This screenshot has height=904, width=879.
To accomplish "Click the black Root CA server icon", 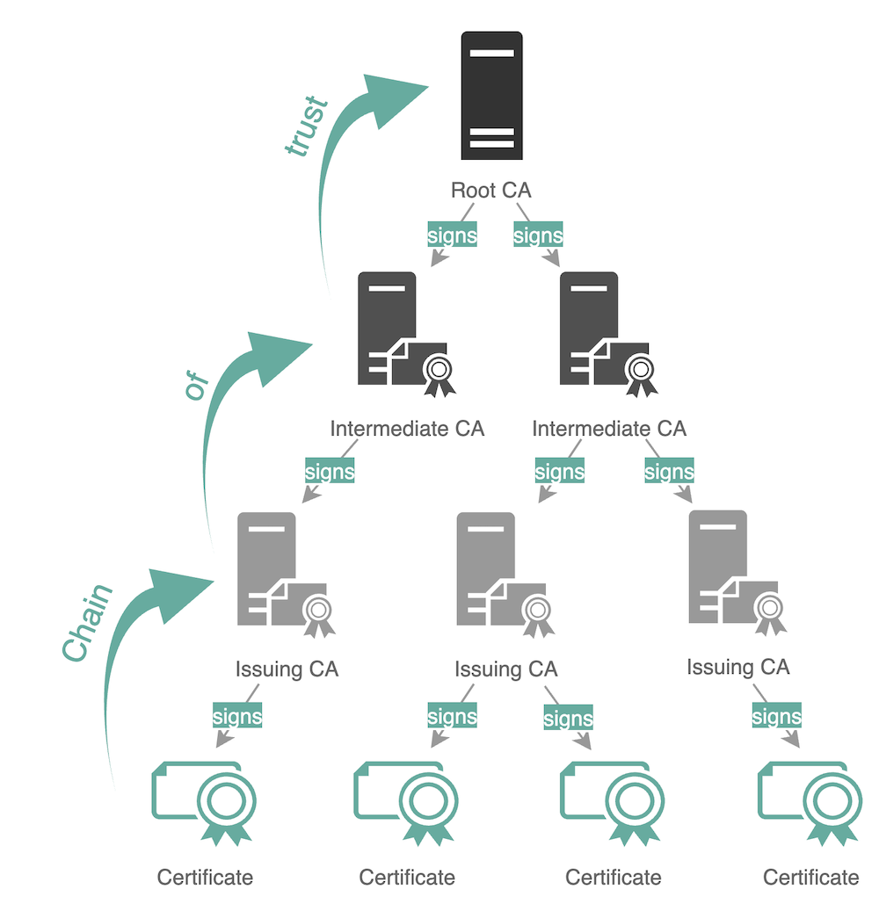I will pos(491,96).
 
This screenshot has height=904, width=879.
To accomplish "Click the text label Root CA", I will pos(490,190).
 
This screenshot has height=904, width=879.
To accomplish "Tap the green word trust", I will pos(306,128).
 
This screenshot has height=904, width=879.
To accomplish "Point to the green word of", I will pos(195,386).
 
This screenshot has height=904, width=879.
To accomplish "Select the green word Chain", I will pos(89,622).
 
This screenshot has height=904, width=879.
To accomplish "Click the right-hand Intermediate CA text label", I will pos(609,429).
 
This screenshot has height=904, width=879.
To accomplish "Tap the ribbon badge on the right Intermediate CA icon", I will pos(642,372).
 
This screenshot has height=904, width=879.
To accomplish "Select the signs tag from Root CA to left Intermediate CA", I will pos(452,235).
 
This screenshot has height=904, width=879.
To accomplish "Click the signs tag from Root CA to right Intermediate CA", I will pos(538,235).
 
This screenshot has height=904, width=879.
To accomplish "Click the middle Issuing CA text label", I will pos(505,669).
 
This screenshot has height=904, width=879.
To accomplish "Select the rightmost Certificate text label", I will pos(810,877).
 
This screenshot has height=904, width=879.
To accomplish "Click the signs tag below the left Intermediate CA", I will pos(330,471).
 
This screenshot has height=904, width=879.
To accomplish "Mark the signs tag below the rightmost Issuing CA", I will pos(776,717).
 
